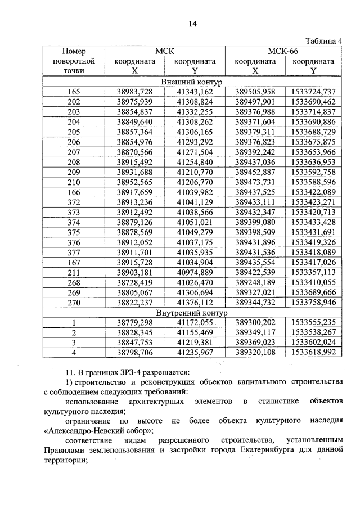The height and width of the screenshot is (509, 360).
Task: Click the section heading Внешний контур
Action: point(192,82)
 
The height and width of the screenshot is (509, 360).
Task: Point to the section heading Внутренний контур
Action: point(192,313)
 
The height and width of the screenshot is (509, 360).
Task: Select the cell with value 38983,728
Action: point(134,92)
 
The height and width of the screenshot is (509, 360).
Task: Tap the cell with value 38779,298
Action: point(134,323)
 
